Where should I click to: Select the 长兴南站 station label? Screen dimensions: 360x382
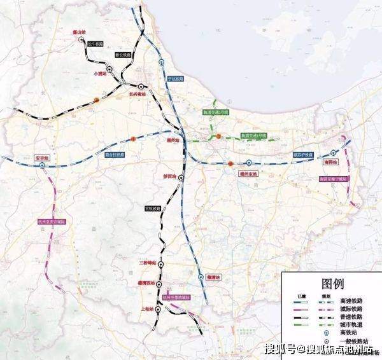[138, 93]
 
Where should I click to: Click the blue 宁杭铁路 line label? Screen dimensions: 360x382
[175, 79]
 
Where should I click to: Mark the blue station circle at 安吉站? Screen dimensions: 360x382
[42, 165]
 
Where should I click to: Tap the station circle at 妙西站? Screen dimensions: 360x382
[181, 179]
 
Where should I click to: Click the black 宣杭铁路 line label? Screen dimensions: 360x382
[152, 208]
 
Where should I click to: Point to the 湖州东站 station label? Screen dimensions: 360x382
[250, 172]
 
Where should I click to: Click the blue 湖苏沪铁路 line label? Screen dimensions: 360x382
[303, 155]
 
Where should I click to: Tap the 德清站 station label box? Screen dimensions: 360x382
[214, 277]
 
